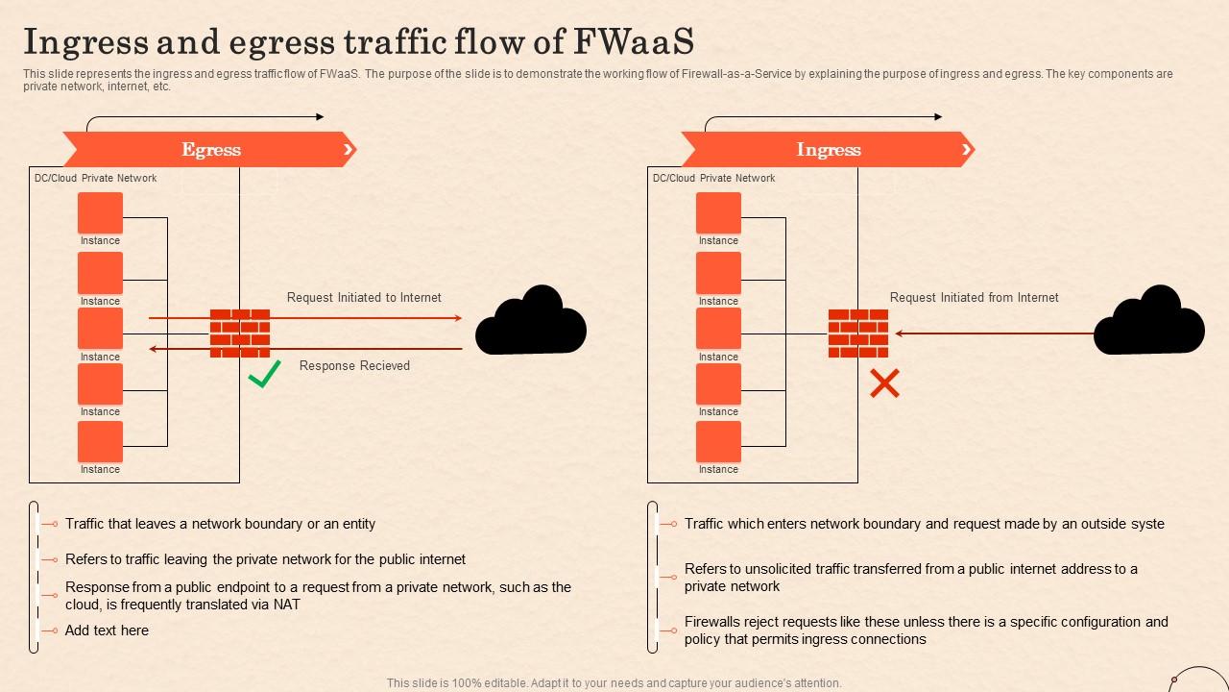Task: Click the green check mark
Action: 264,375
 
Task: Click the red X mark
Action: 884,383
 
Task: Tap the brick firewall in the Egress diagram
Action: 240,333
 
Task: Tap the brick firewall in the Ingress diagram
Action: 858,333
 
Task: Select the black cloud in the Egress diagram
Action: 531,321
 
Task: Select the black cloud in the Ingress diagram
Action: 1149,321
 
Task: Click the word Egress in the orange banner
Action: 211,150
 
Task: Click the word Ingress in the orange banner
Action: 829,150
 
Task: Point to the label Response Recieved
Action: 354,365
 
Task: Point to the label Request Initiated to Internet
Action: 364,298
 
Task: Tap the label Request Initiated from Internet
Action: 974,298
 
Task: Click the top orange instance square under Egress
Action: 100,212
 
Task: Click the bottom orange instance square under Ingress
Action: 718,441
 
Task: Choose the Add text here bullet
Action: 107,630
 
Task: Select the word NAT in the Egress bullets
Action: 286,605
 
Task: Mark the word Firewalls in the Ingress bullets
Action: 716,622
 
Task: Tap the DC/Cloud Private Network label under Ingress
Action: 713,178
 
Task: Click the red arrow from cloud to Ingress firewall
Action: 994,334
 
